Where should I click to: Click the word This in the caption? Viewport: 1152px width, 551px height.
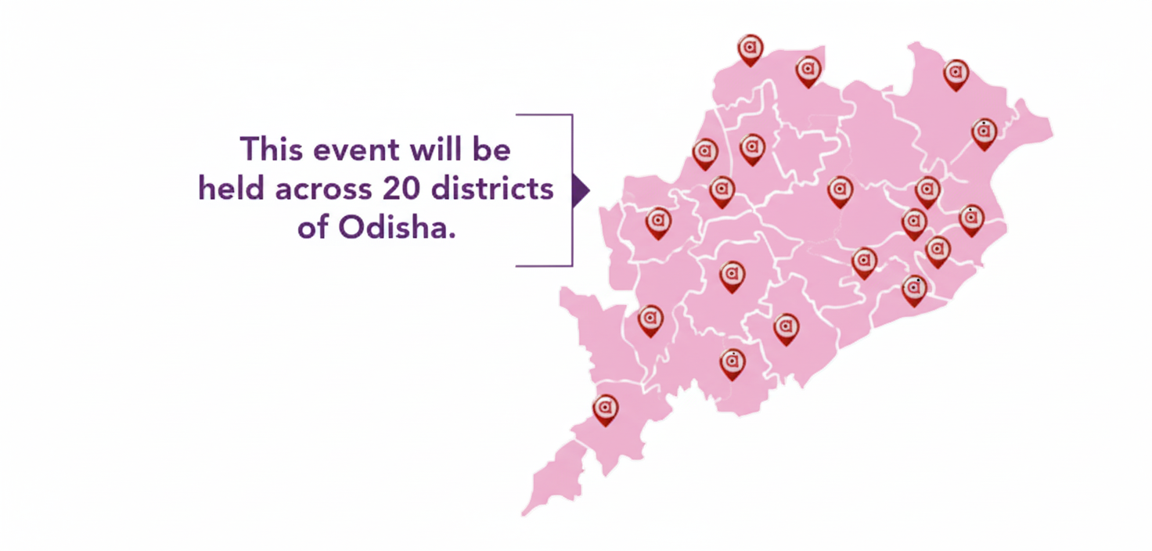point(270,149)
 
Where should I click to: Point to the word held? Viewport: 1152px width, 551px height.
point(228,189)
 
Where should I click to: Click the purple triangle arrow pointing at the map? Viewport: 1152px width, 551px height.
point(580,191)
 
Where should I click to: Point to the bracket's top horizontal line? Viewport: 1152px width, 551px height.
point(544,115)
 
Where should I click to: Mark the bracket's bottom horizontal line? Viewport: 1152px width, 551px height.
point(544,265)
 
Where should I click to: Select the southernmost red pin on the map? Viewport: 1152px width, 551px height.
point(605,409)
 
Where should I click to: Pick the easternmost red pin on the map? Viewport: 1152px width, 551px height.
point(985,134)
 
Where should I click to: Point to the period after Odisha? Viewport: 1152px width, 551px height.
point(452,237)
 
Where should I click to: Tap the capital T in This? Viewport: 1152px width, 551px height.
point(249,149)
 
